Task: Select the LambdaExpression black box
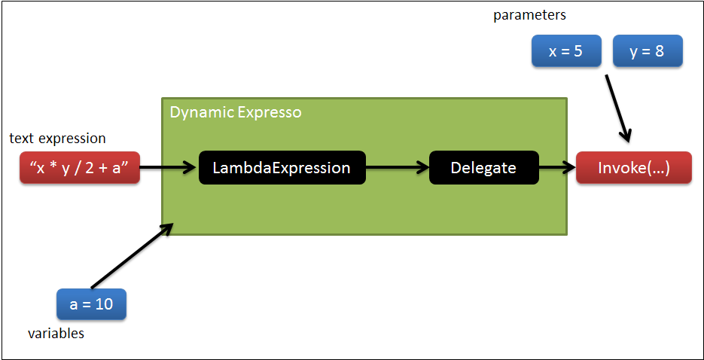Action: coord(282,168)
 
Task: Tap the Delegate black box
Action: coord(483,168)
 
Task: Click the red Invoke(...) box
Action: coord(633,168)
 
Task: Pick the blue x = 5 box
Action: coord(566,53)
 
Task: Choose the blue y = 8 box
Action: coord(648,53)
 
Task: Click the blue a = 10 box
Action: coord(91,305)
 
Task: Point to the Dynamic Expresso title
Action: coord(235,113)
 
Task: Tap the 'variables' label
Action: coord(56,333)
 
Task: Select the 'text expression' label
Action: coord(57,139)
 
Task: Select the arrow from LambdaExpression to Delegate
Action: coord(397,168)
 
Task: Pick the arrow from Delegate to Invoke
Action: coord(557,168)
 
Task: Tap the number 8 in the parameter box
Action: coord(660,53)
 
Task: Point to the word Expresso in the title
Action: coord(269,113)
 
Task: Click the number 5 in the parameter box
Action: coord(579,53)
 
